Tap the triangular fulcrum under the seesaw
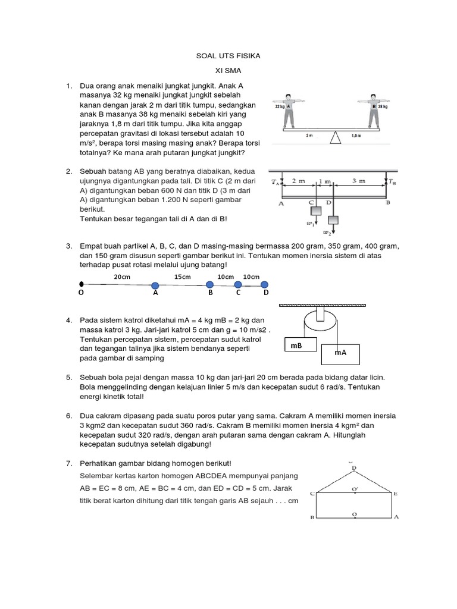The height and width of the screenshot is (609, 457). pyautogui.click(x=337, y=138)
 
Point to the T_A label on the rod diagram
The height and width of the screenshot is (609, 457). pyautogui.click(x=275, y=182)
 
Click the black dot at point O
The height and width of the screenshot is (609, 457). pyautogui.click(x=82, y=284)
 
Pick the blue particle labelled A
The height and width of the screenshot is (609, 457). pyautogui.click(x=155, y=284)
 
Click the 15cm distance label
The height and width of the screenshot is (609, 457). pyautogui.click(x=183, y=277)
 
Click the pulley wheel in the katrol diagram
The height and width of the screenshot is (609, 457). pyautogui.click(x=321, y=321)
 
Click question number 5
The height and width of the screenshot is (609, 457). pyautogui.click(x=69, y=377)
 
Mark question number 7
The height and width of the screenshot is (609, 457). pyautogui.click(x=69, y=463)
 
